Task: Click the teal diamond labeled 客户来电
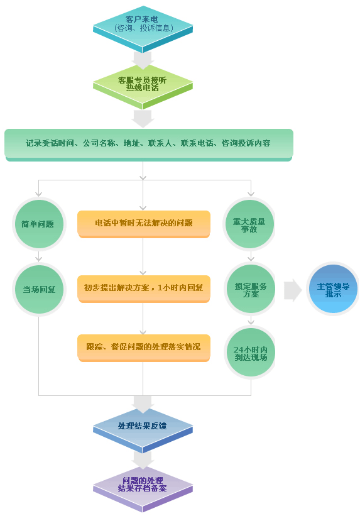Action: coord(143,29)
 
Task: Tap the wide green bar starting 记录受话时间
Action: coord(149,145)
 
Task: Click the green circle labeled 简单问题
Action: coord(39,224)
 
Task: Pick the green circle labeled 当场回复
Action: coord(39,289)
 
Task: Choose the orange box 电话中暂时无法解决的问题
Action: coord(143,224)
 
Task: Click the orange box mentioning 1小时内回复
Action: coord(143,288)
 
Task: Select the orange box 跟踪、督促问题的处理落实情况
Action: coord(143,348)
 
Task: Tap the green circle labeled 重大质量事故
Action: coord(249,224)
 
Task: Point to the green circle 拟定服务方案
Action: coord(250,289)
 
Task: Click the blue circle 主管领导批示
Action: coord(333,289)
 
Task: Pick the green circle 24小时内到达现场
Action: coord(250,353)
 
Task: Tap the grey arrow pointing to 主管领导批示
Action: coord(293,290)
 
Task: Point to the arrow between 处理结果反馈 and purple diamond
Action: coord(143,459)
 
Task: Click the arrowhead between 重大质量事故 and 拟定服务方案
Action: coord(251,258)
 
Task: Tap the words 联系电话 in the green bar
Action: coord(197,143)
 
